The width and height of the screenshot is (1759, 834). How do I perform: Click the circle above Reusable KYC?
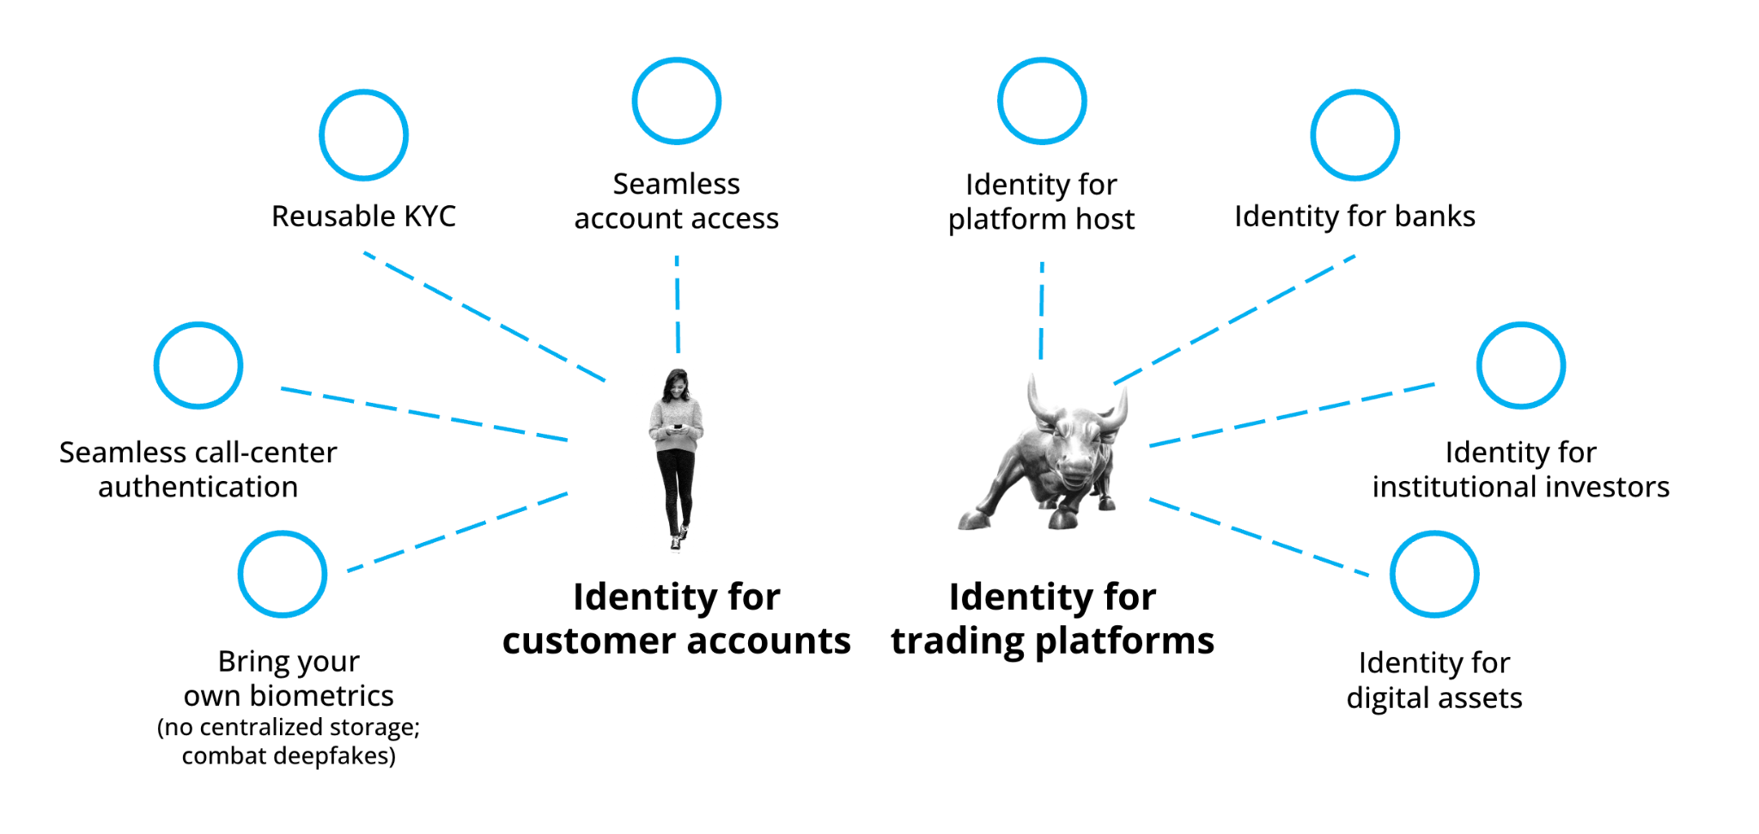[x=363, y=93]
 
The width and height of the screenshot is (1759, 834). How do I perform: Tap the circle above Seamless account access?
[x=677, y=60]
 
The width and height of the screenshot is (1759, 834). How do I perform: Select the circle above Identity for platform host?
[x=1042, y=60]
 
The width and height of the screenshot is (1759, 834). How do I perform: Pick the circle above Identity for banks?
[x=1355, y=93]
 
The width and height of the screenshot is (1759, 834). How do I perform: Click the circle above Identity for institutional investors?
[x=1521, y=325]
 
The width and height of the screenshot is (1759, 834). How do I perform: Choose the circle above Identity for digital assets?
[x=1434, y=534]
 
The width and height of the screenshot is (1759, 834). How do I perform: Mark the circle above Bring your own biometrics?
[x=283, y=534]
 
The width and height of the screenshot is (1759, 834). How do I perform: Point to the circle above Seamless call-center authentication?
[x=198, y=325]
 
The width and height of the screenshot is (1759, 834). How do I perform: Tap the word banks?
[x=1435, y=216]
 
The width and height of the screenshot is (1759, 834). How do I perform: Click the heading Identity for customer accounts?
[x=677, y=618]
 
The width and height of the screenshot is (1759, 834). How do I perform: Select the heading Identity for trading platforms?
[x=1052, y=618]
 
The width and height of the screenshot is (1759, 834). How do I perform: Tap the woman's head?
[x=677, y=383]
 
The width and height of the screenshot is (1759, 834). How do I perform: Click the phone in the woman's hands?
[x=677, y=427]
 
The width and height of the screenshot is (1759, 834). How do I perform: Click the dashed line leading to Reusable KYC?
[x=484, y=317]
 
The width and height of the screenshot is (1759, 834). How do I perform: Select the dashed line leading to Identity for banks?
[x=1234, y=320]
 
